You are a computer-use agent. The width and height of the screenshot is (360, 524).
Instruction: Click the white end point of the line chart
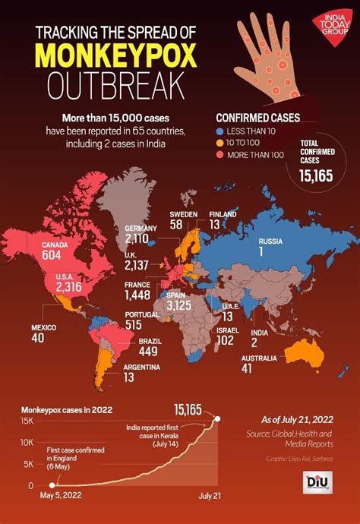(x=219, y=418)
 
